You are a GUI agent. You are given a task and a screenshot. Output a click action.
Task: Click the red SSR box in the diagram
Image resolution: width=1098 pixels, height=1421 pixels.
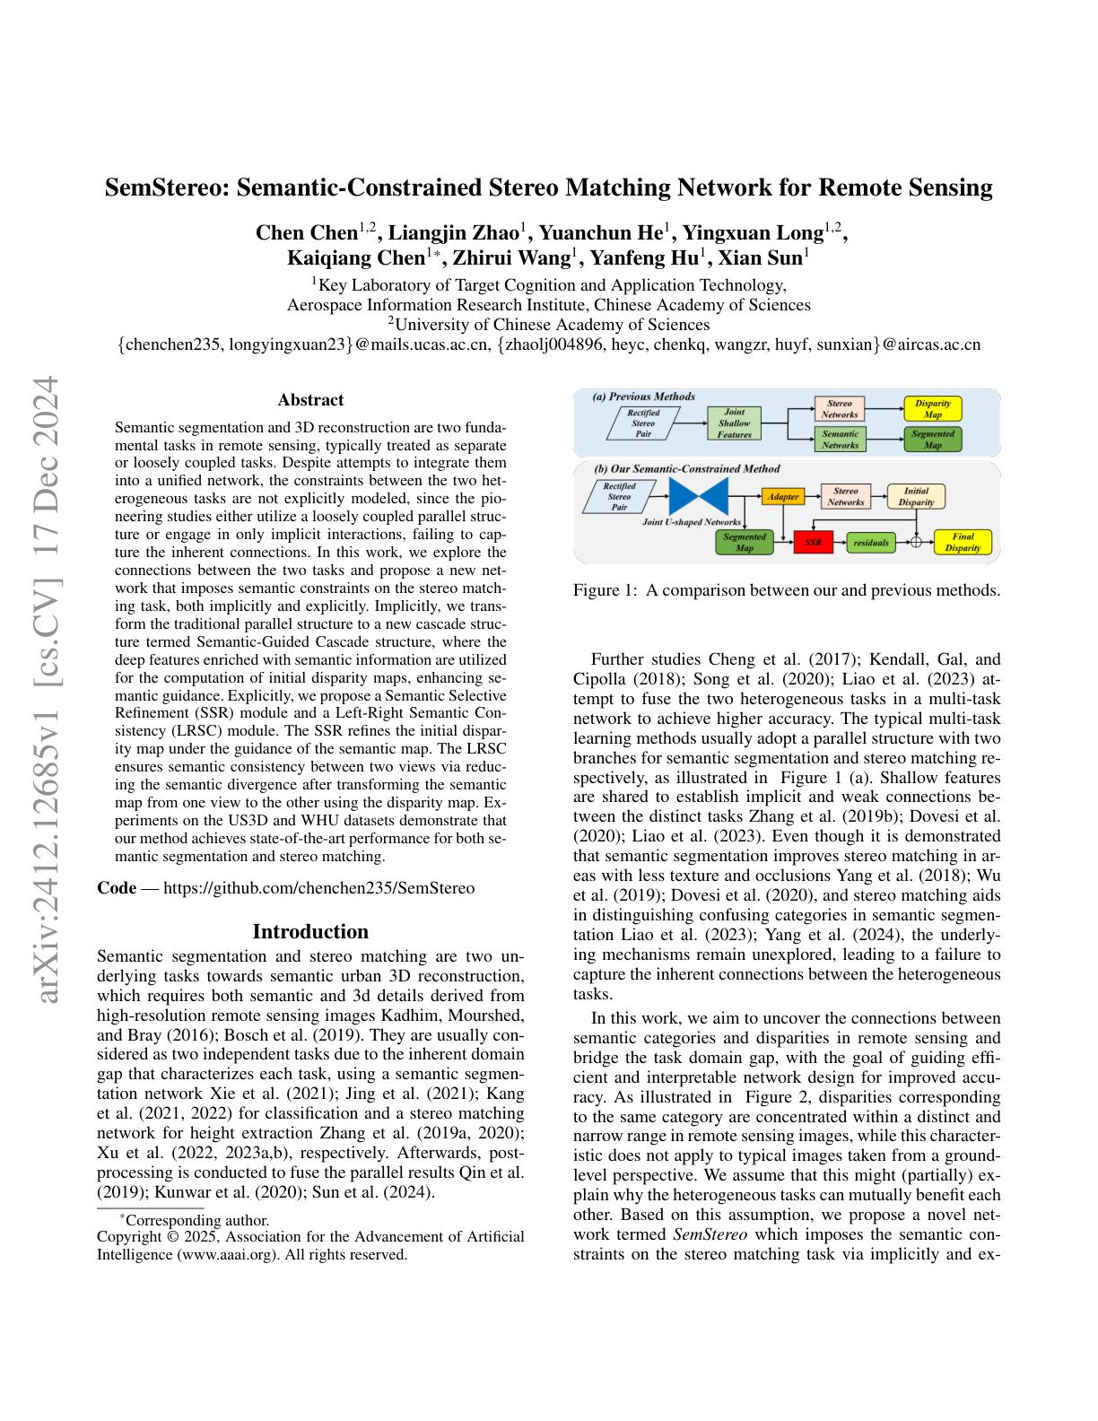814,543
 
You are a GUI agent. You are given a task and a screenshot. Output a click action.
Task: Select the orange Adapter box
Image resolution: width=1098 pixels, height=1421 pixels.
783,496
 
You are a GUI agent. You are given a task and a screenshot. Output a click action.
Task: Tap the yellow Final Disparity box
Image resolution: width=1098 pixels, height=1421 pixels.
962,543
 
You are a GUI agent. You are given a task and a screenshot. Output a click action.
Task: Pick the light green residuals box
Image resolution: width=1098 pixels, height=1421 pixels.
871,543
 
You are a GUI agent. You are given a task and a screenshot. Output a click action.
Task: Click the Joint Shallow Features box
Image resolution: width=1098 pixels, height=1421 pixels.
734,423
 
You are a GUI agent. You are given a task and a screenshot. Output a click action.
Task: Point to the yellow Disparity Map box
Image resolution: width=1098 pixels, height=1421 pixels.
933,409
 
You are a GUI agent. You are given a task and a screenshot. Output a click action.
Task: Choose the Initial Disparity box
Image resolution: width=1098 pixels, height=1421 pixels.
916,496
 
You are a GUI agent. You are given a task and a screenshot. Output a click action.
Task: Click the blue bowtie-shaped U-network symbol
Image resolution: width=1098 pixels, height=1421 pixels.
698,496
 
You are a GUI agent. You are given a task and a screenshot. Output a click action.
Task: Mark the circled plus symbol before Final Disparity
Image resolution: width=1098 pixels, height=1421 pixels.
916,543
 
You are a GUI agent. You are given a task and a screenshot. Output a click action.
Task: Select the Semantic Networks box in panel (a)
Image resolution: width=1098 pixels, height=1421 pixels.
840,439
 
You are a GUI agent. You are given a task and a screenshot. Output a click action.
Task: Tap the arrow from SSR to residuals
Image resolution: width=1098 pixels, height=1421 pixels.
840,543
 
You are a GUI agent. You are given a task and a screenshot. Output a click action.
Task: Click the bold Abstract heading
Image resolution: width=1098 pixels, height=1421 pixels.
310,400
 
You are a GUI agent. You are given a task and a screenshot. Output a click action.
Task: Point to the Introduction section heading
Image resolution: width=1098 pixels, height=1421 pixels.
310,931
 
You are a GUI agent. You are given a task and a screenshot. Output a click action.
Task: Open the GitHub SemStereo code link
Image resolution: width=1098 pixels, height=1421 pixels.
318,888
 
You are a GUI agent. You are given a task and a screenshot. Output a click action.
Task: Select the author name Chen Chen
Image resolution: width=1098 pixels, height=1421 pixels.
307,233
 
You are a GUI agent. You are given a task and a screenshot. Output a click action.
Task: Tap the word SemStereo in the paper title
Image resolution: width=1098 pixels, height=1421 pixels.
171,188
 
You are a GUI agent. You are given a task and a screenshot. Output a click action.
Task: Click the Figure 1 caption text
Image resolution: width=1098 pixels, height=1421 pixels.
786,590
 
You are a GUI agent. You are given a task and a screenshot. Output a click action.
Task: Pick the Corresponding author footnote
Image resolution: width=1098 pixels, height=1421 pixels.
195,1220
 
